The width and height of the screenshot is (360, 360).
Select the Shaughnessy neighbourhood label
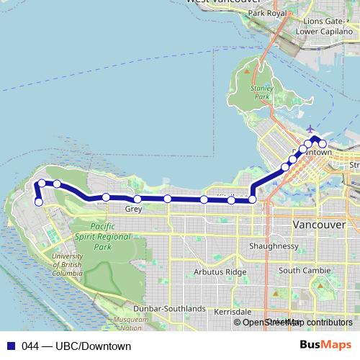274,246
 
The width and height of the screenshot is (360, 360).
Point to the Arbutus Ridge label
220,272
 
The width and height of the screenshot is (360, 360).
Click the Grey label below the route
133,210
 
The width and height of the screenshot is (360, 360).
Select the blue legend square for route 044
11,346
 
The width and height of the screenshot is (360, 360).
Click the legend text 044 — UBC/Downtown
76,346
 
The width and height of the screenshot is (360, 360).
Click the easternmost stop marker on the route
323,144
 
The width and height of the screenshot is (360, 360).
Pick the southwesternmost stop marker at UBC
39,202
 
